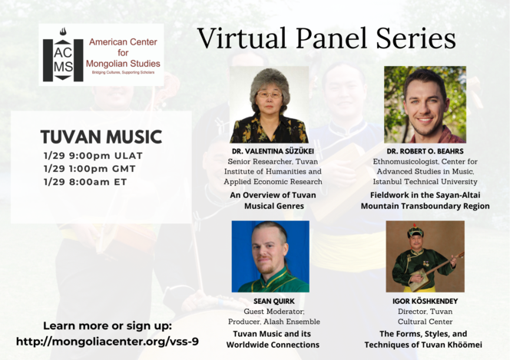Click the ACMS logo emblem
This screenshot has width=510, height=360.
(x=63, y=54)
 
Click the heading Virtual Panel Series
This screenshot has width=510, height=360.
(x=326, y=38)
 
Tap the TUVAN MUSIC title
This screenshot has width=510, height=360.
(x=101, y=137)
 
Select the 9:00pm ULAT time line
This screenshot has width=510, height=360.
(x=93, y=156)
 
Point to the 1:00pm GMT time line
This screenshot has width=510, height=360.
(x=89, y=169)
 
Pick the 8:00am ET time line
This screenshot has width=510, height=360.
(x=85, y=182)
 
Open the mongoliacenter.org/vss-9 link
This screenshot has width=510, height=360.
(x=108, y=342)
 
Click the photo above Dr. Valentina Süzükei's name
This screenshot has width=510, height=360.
(x=270, y=104)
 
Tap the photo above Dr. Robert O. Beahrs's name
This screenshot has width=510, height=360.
(x=425, y=104)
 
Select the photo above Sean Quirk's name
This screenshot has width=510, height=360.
(x=270, y=256)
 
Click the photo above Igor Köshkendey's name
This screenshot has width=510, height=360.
(x=425, y=256)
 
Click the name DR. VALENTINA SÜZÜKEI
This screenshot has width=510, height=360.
(x=273, y=151)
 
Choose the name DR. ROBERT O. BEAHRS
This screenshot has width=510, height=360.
(x=425, y=151)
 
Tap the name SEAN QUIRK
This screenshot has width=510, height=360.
(x=274, y=301)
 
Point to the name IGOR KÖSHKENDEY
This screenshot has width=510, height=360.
(x=425, y=301)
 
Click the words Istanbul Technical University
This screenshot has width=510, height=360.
(x=425, y=182)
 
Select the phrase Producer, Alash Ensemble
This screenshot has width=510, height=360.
(x=274, y=322)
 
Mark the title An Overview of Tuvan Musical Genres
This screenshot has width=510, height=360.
(x=273, y=200)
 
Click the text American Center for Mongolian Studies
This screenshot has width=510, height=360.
(x=123, y=53)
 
